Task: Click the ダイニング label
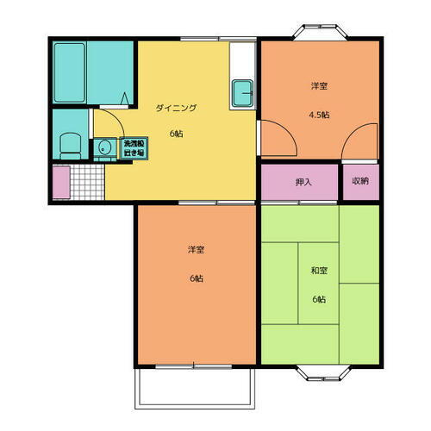coord(176,108)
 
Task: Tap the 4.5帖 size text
coord(319,115)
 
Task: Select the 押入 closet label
coord(303,182)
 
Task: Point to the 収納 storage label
coord(360,181)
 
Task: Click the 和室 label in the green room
coord(319,271)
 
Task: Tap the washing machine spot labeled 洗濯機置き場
coord(134,148)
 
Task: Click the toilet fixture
coord(71,146)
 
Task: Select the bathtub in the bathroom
coord(70,72)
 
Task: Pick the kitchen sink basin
coord(243,93)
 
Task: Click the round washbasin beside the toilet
coord(103,148)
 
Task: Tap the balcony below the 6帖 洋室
coord(195,389)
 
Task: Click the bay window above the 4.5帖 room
coord(320,32)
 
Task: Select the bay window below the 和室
coord(323,372)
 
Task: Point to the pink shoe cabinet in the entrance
coord(61,182)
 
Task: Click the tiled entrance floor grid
coord(87,182)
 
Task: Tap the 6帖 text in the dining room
coord(176,134)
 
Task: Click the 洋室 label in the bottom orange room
coord(197,250)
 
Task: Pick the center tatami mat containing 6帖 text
coord(318,284)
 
